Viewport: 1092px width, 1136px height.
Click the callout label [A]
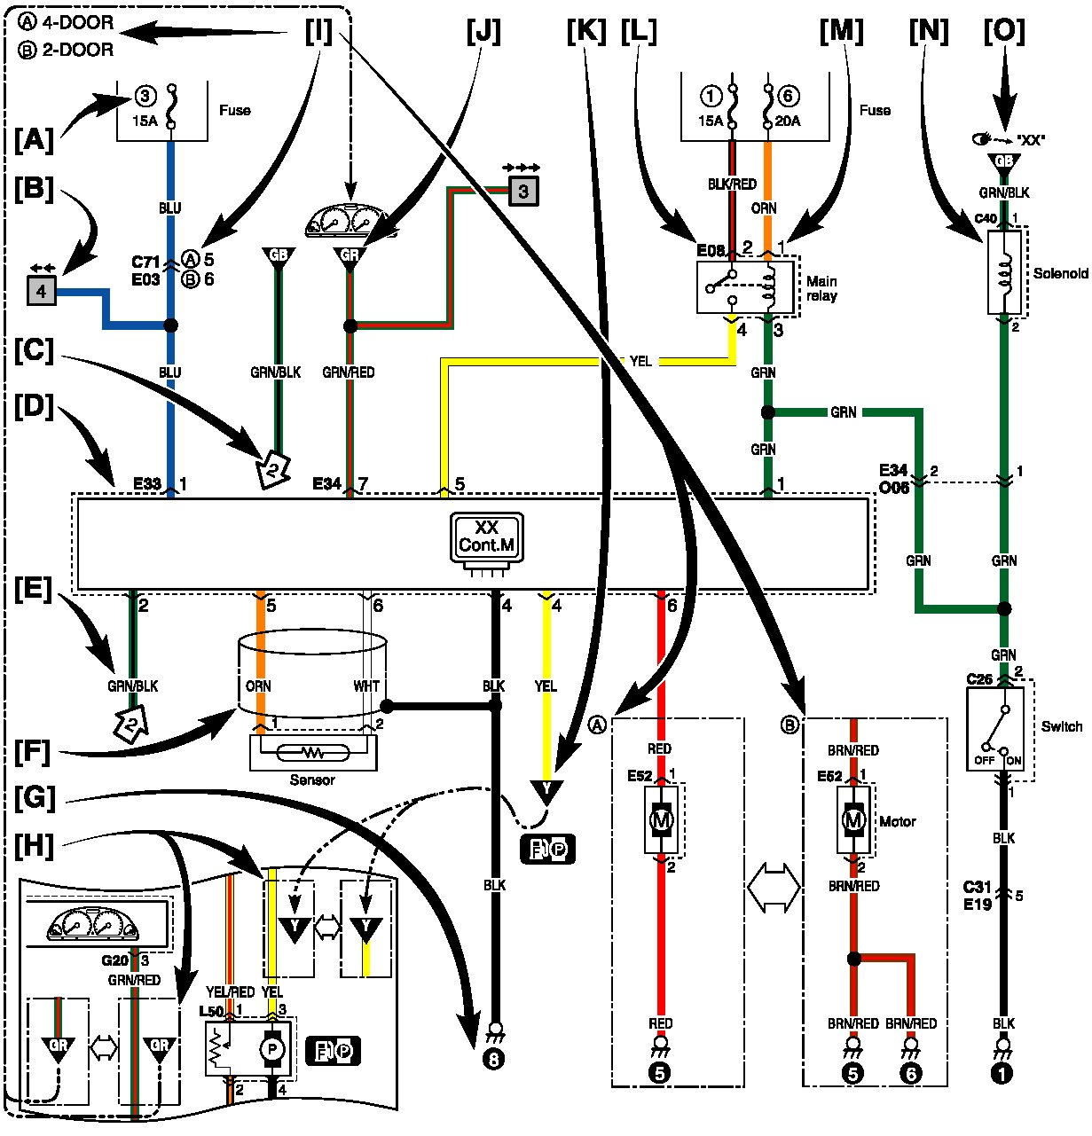[x=34, y=139]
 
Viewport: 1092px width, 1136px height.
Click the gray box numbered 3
[x=523, y=189]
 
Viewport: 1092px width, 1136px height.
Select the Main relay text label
[x=821, y=288]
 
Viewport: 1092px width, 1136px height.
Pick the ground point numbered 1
[x=1003, y=1073]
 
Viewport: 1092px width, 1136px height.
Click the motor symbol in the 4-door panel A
[x=661, y=821]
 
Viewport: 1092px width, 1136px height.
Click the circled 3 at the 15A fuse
[x=145, y=96]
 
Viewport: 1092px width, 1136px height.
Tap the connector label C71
[x=145, y=261]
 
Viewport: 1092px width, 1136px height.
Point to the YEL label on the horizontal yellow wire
[x=640, y=361]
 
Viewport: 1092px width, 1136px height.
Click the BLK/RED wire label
[x=733, y=184]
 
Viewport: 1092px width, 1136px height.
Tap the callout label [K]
[x=585, y=32]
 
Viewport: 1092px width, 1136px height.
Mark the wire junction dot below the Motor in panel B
[x=853, y=959]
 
